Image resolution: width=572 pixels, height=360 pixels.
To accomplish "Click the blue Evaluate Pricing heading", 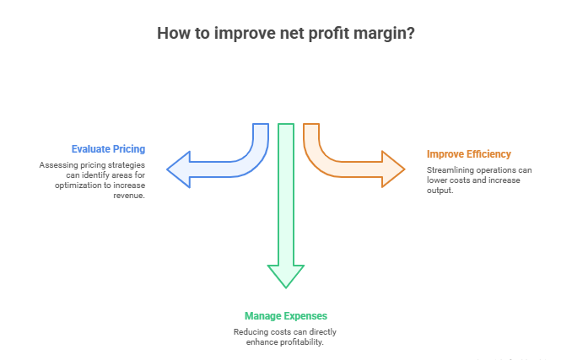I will click(108, 150).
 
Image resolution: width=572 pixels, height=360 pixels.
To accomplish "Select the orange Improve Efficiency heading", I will click(468, 154).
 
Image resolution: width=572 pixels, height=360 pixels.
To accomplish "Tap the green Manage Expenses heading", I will click(285, 316).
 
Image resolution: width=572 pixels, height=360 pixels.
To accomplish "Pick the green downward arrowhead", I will click(286, 276).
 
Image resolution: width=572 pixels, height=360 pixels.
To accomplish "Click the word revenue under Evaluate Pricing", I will click(132, 195).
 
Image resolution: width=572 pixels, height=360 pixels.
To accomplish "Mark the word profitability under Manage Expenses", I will click(301, 341).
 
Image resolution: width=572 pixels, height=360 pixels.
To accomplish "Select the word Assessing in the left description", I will click(56, 165).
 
